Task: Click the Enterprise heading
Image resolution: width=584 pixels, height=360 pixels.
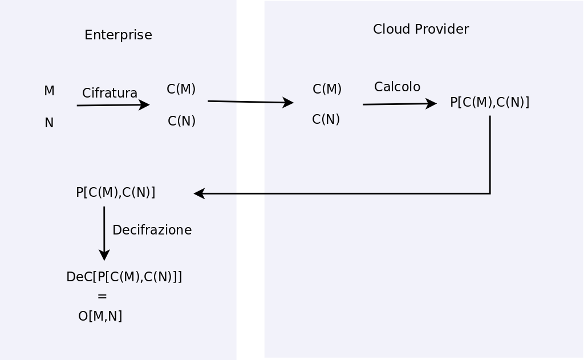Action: pyautogui.click(x=118, y=35)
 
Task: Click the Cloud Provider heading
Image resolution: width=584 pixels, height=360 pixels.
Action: pyautogui.click(x=420, y=30)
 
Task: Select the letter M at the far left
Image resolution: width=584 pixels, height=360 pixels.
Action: pyautogui.click(x=49, y=91)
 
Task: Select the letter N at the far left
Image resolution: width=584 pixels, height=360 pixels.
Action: pyautogui.click(x=49, y=123)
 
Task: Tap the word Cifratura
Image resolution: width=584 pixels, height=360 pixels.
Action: pyautogui.click(x=109, y=93)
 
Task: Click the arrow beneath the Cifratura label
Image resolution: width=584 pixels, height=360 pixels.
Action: pyautogui.click(x=113, y=105)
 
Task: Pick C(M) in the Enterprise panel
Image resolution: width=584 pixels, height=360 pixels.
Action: pyautogui.click(x=181, y=90)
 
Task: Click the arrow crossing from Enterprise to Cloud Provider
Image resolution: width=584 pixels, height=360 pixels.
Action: pyautogui.click(x=250, y=102)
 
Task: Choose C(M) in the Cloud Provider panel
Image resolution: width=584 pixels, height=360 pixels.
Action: pyautogui.click(x=327, y=90)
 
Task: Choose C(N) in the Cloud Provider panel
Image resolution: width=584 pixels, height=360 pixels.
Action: pyautogui.click(x=326, y=120)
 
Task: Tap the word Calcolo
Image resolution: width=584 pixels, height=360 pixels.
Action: pyautogui.click(x=397, y=87)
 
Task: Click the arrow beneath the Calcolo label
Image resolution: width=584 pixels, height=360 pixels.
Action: pyautogui.click(x=399, y=104)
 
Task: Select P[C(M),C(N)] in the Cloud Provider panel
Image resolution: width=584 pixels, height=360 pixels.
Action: pyautogui.click(x=489, y=103)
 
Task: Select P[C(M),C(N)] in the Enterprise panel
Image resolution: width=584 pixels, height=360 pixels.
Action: pyautogui.click(x=115, y=193)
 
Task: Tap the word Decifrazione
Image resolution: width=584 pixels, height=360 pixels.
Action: pyautogui.click(x=152, y=230)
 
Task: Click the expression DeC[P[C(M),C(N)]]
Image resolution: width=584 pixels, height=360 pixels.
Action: pyautogui.click(x=124, y=277)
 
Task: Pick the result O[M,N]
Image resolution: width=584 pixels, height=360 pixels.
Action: pyautogui.click(x=100, y=316)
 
